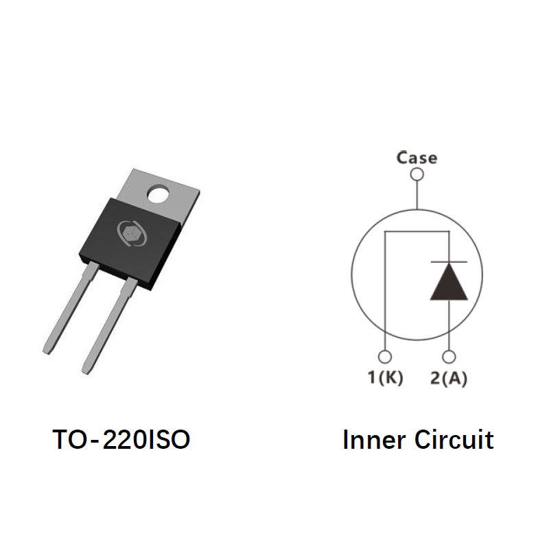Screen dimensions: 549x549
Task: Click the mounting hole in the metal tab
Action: [x=159, y=195]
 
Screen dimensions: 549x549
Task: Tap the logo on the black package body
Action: [x=132, y=233]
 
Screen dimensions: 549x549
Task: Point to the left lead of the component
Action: [x=70, y=308]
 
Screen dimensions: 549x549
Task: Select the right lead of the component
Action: [x=110, y=325]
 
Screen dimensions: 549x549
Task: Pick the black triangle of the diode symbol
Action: [x=449, y=281]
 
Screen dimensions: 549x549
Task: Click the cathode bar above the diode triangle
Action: [x=449, y=261]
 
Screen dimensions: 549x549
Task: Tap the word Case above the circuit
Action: [x=417, y=158]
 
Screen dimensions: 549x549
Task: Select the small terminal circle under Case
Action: [x=417, y=174]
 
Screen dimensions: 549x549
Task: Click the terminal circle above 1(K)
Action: [x=385, y=357]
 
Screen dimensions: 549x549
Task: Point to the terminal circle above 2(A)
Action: [x=449, y=357]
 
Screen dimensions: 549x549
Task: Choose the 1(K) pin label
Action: [x=385, y=378]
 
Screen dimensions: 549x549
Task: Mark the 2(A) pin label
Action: [x=449, y=378]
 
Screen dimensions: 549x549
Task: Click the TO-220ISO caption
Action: [x=121, y=440]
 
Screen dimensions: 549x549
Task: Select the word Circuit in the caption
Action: [x=454, y=440]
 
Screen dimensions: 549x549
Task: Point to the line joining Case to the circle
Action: [x=417, y=195]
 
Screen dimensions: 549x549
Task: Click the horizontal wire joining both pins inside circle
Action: [x=417, y=231]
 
